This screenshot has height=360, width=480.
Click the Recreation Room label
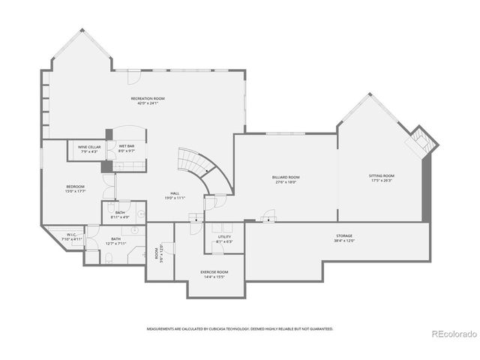(x=148, y=98)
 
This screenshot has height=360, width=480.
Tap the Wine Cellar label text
(x=89, y=147)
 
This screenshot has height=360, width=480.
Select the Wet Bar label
(x=126, y=147)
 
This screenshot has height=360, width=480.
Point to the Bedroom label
(x=75, y=187)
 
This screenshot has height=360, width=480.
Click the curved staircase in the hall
(x=196, y=169)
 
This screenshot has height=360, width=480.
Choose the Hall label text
(x=174, y=194)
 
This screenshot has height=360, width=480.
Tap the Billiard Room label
(x=285, y=177)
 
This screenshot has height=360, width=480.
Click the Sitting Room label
(x=381, y=176)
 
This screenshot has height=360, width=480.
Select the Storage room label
(x=343, y=236)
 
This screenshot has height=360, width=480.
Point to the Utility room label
(x=224, y=237)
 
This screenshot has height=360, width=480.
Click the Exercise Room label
(x=214, y=271)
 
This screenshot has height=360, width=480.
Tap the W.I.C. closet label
(x=72, y=235)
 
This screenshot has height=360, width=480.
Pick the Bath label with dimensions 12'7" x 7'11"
(x=115, y=238)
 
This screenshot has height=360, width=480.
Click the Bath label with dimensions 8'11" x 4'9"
(x=120, y=213)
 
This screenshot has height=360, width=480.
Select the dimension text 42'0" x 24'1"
(x=148, y=103)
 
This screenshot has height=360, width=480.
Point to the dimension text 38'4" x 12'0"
(x=343, y=241)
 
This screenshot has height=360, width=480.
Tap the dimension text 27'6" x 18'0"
(x=285, y=181)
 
